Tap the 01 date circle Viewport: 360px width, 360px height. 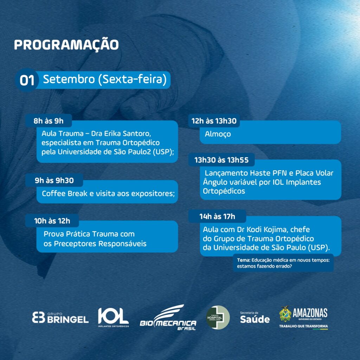[27, 80]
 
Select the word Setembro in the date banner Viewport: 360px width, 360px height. [69, 79]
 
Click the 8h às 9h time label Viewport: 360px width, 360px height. [49, 121]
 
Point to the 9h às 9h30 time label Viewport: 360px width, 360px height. [54, 180]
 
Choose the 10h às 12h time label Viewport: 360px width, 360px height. [52, 221]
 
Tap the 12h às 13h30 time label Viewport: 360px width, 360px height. [214, 121]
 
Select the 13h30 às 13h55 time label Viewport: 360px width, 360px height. [221, 160]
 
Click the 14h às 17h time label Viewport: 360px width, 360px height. [217, 216]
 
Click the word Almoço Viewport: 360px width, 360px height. [218, 134]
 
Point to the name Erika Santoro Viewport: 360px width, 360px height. [128, 133]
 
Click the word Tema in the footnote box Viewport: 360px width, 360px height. [244, 260]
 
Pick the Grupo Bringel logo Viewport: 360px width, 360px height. [60, 317]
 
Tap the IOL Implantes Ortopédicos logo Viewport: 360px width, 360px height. [114, 317]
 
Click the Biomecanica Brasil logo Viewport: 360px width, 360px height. [168, 317]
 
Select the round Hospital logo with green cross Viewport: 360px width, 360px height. [218, 317]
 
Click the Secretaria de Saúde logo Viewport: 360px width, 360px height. [255, 317]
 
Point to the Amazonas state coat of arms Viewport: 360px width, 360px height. [285, 314]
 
